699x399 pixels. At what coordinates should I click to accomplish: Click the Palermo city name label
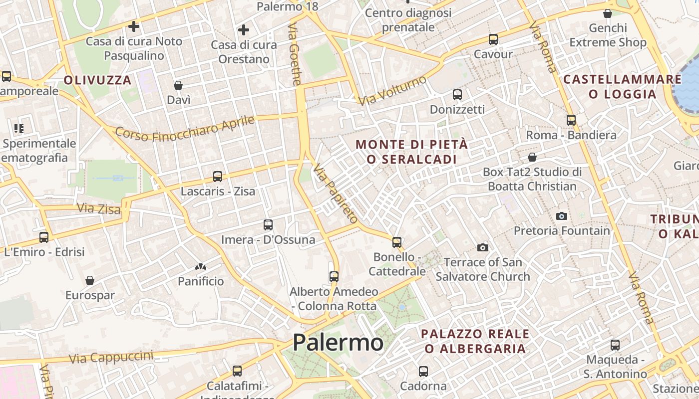338,343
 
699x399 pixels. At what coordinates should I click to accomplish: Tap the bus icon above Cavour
493,39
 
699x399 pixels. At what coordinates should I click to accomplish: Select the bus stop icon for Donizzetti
457,95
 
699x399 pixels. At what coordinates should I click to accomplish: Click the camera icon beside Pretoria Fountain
562,216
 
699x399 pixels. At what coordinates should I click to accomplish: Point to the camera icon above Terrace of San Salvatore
482,247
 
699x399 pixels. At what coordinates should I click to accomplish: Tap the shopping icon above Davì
178,85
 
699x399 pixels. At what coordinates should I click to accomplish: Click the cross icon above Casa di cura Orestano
244,30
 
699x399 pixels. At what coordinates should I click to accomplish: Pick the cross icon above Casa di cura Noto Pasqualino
134,26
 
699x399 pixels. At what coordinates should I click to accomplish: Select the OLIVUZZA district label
98,80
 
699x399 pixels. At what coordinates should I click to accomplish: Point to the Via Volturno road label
393,90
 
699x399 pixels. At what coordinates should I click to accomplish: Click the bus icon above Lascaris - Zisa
218,176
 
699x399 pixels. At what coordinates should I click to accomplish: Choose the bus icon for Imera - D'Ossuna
268,225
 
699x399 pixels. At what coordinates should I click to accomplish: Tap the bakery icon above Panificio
201,267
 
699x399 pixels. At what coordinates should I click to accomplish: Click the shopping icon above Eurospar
90,280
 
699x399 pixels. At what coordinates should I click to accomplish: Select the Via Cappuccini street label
111,357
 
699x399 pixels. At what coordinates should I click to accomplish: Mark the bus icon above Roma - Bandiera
571,120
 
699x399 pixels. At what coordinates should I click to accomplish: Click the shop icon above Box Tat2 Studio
532,158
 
